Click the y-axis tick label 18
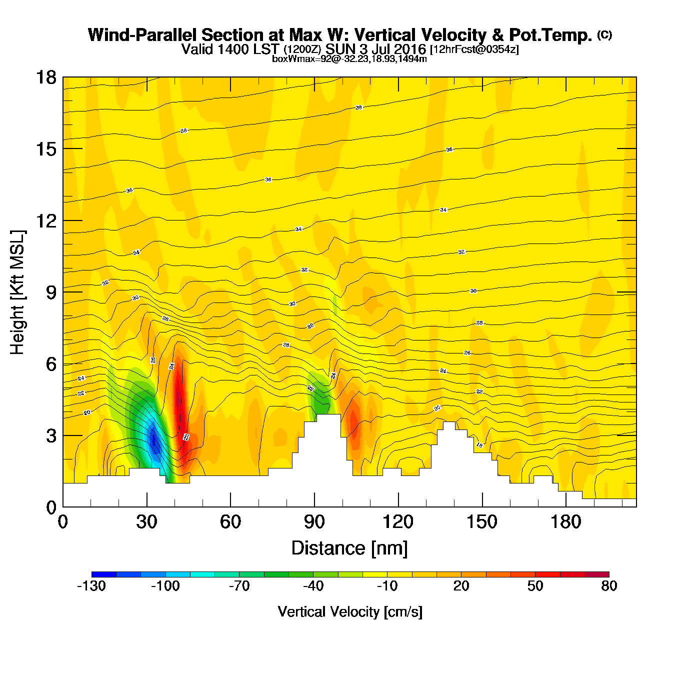pos(45,77)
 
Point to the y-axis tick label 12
pos(45,220)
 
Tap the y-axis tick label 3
pos(51,435)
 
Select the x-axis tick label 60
pos(230,522)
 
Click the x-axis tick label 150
pos(482,522)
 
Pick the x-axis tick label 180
pos(566,522)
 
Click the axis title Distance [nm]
pos(349,548)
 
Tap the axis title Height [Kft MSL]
pos(17,292)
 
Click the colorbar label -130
pos(91,586)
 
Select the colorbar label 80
pos(609,586)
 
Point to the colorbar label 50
pos(535,586)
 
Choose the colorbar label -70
pos(239,586)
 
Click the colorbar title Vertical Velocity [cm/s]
pos(350,611)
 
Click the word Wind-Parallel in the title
pos(142,35)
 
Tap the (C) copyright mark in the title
pos(604,34)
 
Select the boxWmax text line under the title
pos(349,59)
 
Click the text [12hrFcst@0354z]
pos(474,49)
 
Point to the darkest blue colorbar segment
pos(104,574)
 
